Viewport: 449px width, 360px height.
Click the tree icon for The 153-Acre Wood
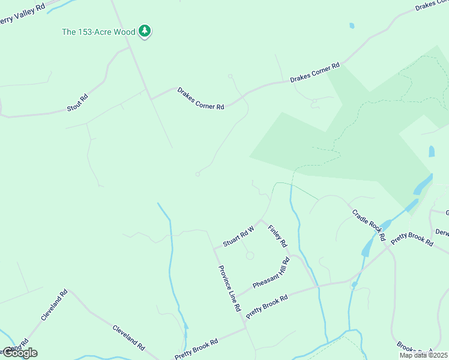click(144, 31)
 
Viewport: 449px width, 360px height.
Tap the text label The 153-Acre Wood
click(99, 31)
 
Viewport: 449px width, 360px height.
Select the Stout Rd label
click(77, 103)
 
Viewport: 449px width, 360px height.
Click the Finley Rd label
click(278, 236)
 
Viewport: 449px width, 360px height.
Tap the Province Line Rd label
click(229, 288)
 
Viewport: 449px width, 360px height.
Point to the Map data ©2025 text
click(423, 355)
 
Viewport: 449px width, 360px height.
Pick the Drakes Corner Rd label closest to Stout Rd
click(200, 98)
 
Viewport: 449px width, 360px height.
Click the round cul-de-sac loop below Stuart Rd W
click(250, 256)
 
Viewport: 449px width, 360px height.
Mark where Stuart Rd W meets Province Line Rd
click(214, 248)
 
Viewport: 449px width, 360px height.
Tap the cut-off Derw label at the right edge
click(442, 232)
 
